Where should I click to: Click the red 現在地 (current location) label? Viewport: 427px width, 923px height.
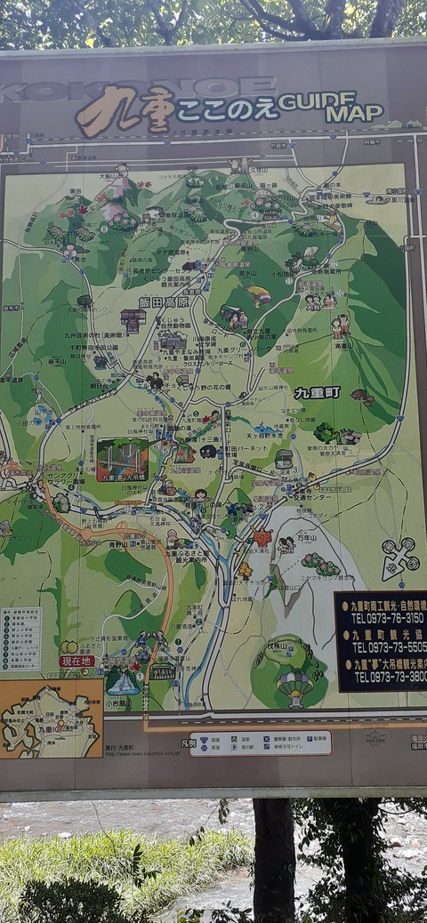coord(77,661)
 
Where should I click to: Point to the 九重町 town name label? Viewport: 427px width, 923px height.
coord(317,392)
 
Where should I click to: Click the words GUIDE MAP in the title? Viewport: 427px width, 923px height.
coord(330,107)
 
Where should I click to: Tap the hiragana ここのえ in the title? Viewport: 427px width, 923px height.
coord(226,109)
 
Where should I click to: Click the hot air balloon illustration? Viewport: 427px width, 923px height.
coord(294,685)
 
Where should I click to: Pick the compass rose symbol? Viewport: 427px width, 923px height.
coord(399,558)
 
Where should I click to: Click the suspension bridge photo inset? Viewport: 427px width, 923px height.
coord(122,459)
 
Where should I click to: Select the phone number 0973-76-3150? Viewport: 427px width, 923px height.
coord(389,616)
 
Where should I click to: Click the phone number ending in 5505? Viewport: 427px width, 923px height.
coord(389,647)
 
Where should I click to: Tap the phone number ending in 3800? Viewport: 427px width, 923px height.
coord(389,678)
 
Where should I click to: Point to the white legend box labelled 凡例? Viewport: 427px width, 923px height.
coord(260,743)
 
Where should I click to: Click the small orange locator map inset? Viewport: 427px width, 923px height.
coord(51,718)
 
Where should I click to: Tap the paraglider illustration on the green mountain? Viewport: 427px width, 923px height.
coord(257,294)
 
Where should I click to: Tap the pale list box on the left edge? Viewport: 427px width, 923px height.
coord(20,638)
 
